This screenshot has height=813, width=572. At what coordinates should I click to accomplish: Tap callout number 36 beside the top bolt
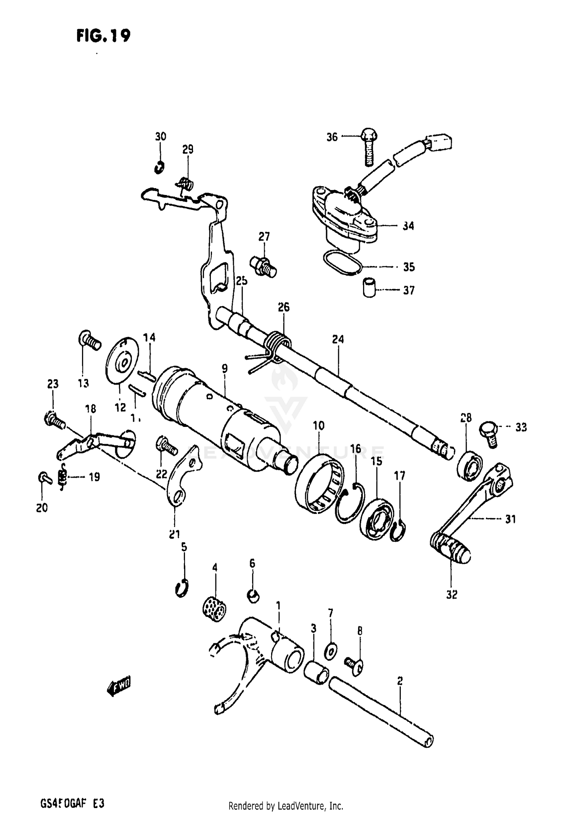332,137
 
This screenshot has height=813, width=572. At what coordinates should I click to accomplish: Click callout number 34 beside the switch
408,226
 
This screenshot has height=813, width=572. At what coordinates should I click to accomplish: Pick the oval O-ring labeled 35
342,263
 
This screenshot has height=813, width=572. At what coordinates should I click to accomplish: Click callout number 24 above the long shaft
337,339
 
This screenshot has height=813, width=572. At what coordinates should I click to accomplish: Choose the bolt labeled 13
89,340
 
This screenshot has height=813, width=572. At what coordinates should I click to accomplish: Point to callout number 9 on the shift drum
225,368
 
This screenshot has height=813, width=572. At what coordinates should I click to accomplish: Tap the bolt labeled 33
488,432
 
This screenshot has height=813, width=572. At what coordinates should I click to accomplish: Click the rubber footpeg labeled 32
450,550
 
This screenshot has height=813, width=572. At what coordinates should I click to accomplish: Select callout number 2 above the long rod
400,681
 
